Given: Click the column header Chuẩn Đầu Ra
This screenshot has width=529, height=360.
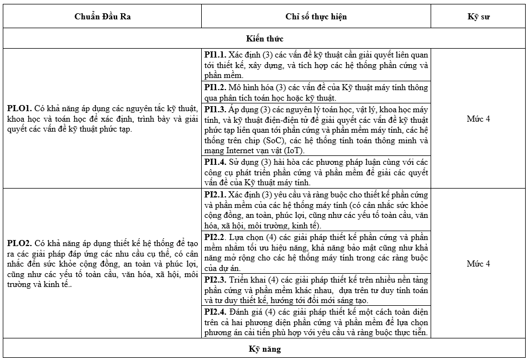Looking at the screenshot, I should tap(103, 16).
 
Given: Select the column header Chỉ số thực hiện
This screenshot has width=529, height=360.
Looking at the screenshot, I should tap(316, 16).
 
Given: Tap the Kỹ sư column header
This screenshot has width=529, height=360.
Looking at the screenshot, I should tap(478, 16).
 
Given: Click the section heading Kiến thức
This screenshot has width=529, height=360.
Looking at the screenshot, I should tap(264, 39).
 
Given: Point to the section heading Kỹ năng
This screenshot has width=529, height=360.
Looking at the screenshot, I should tap(264, 349).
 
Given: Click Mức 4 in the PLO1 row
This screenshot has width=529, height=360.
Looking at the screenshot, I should tap(478, 119).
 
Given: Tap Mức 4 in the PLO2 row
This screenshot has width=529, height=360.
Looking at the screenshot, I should tap(478, 264).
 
